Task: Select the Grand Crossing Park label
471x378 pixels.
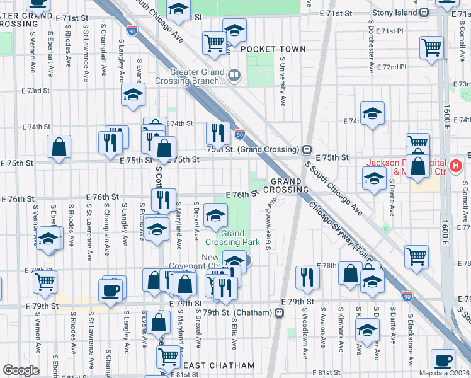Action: tap(232, 238)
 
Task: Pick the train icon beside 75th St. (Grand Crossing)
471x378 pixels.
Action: tap(307, 149)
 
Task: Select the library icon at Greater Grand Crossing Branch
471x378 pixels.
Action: tap(234, 76)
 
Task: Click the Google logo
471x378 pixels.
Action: tap(21, 370)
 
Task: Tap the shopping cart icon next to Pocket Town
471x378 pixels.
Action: tap(215, 43)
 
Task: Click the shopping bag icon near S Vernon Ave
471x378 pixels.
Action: tap(59, 147)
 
